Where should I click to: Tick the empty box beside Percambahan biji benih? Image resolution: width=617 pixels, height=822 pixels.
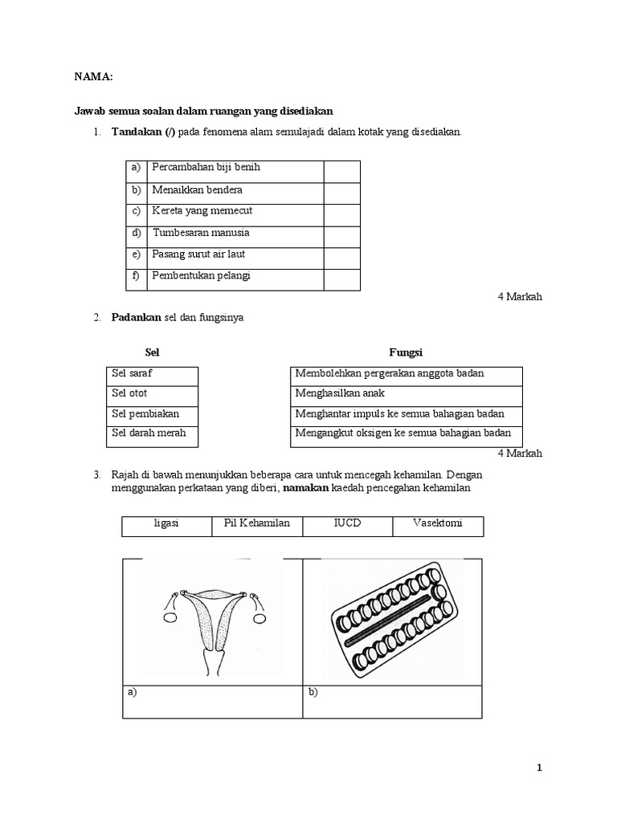pos(341,171)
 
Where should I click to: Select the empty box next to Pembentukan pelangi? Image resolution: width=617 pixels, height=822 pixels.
pos(341,279)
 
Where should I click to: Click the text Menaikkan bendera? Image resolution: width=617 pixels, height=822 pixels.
pos(197,190)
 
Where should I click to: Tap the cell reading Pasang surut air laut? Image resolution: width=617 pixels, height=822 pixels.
pos(198,254)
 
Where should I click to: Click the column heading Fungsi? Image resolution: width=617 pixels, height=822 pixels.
pos(406,352)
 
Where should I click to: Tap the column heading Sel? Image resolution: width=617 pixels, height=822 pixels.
pos(152,352)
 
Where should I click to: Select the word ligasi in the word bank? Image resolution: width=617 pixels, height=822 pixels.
pos(166,523)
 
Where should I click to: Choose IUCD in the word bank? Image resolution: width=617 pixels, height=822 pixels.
pos(347,523)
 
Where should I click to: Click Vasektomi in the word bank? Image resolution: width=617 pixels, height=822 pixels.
pos(437,523)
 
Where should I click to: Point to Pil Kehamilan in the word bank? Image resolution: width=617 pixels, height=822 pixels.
pos(257,523)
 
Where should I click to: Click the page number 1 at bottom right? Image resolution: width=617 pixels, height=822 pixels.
pos(539,768)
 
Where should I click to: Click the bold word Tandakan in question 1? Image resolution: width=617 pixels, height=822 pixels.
pos(137,132)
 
